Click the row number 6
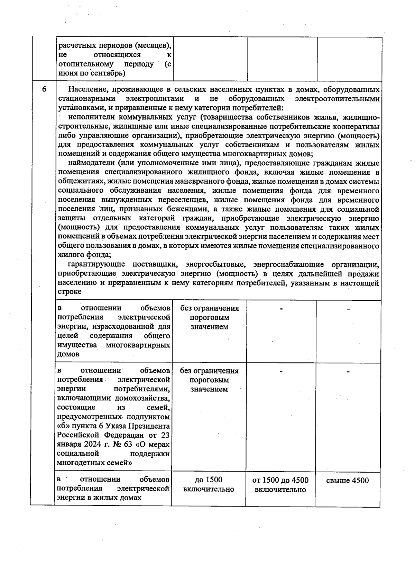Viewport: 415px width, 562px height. click(x=44, y=89)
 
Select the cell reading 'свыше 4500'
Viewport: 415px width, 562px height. click(x=347, y=480)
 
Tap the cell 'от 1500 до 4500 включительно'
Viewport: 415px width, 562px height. click(x=280, y=485)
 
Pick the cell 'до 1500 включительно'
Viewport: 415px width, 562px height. click(x=209, y=484)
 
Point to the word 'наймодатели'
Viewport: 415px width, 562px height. click(x=91, y=163)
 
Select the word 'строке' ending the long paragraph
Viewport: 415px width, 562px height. click(x=70, y=292)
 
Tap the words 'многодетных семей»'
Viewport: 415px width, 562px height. click(x=95, y=463)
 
